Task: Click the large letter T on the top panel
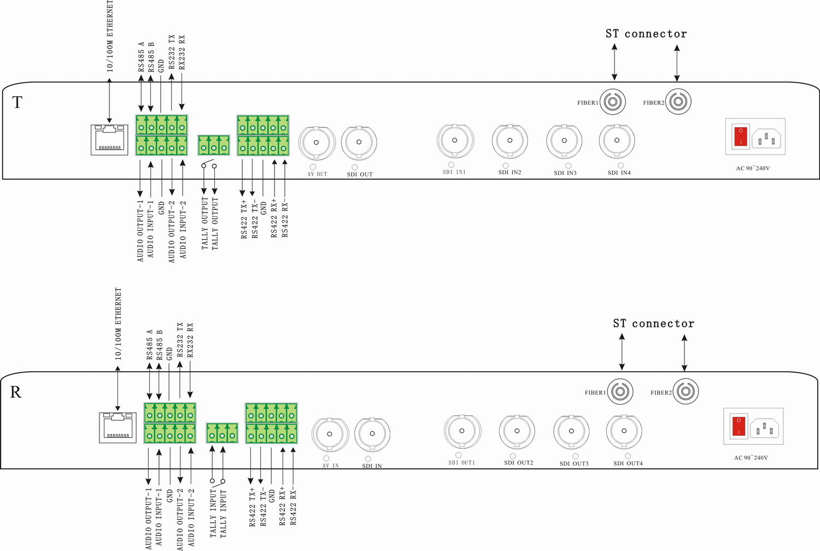pyautogui.click(x=17, y=103)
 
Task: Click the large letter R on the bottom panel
pyautogui.click(x=16, y=392)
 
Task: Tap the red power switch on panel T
pyautogui.click(x=740, y=136)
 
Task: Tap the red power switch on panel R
pyautogui.click(x=739, y=426)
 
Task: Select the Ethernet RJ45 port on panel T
pyautogui.click(x=109, y=140)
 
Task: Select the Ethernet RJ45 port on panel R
pyautogui.click(x=118, y=427)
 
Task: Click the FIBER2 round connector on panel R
pyautogui.click(x=686, y=391)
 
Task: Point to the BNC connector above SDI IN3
pyautogui.click(x=564, y=140)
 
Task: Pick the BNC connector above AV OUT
pyautogui.click(x=317, y=143)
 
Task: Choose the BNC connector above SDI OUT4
pyautogui.click(x=624, y=431)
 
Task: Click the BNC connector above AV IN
pyautogui.click(x=330, y=434)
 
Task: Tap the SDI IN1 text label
pyautogui.click(x=454, y=172)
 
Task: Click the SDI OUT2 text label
pyautogui.click(x=518, y=463)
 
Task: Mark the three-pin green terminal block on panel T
pyautogui.click(x=214, y=145)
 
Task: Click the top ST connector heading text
pyautogui.click(x=646, y=34)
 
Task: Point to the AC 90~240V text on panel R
pyautogui.click(x=751, y=458)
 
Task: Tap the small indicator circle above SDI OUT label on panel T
pyautogui.click(x=354, y=167)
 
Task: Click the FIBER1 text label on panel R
pyautogui.click(x=595, y=393)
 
